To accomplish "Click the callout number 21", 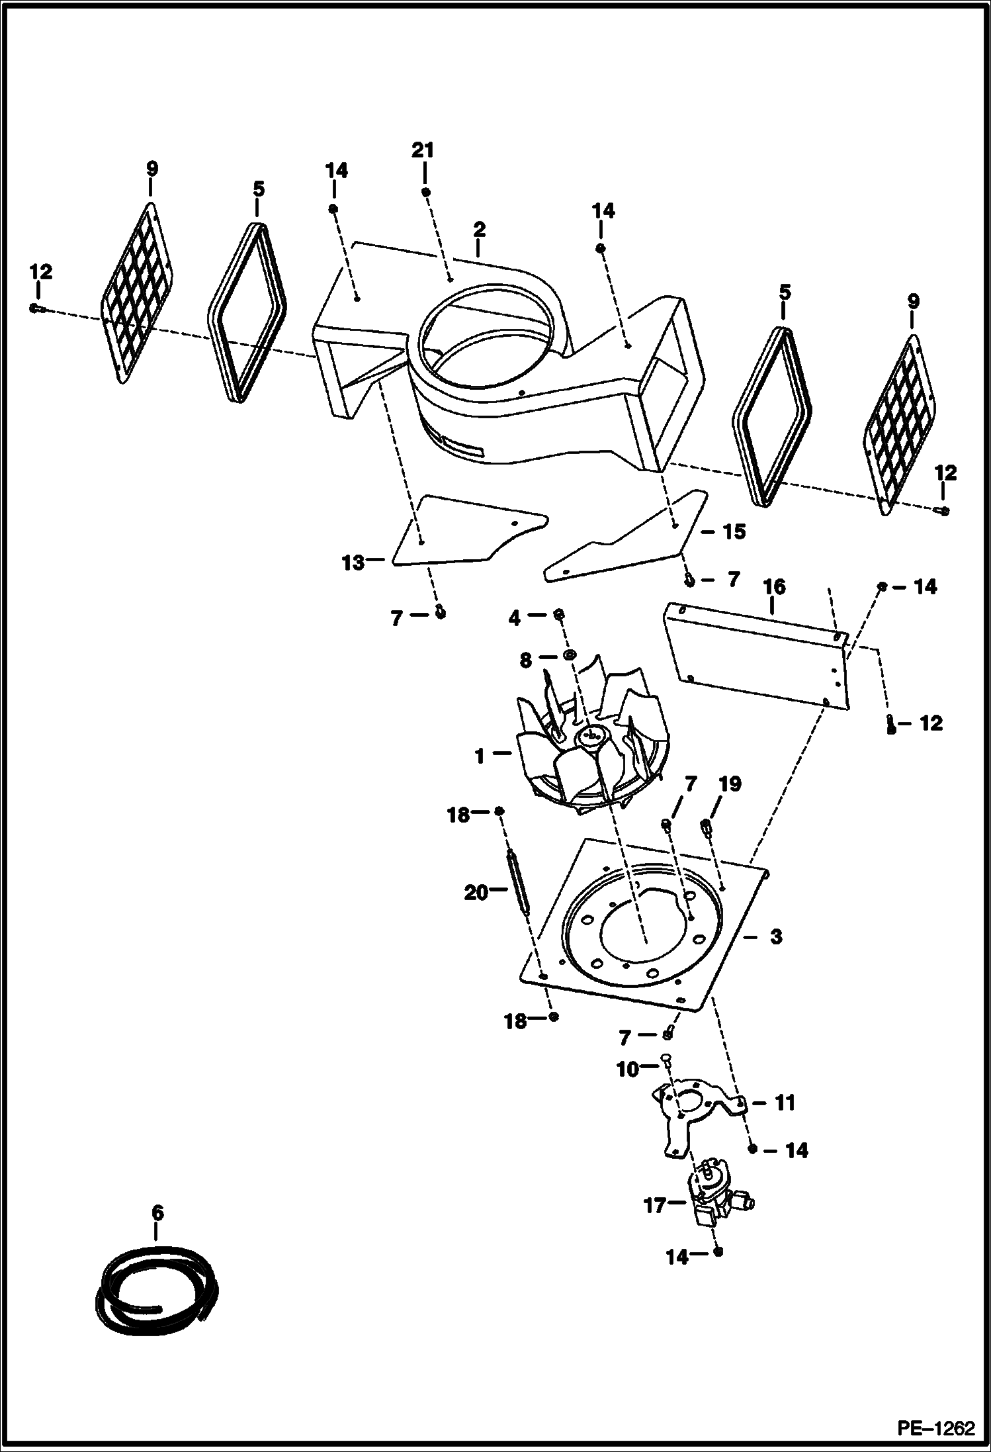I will [423, 151].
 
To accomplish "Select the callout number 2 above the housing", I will [480, 230].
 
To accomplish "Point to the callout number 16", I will [773, 587].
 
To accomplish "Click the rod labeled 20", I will [519, 882].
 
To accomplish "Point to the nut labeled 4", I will [559, 615].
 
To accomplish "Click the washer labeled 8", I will [568, 655].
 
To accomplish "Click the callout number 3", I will [775, 937].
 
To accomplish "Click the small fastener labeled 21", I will [425, 192].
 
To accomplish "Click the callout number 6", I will [157, 1213].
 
